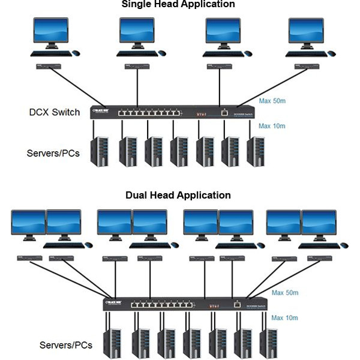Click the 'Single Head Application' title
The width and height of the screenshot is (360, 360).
click(x=178, y=4)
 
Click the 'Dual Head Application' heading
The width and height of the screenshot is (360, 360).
click(x=178, y=195)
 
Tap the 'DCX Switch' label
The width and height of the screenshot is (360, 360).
click(x=55, y=112)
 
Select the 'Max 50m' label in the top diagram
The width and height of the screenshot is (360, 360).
click(x=272, y=101)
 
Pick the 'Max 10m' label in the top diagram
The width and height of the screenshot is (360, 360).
click(x=272, y=126)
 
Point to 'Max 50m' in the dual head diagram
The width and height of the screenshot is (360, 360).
click(x=285, y=293)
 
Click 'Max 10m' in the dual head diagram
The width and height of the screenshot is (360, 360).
click(x=285, y=317)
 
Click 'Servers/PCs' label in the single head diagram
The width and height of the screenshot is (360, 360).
click(x=53, y=153)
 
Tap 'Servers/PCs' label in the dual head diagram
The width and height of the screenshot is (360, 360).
click(x=66, y=345)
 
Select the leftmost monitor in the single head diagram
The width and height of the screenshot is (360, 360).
click(x=50, y=31)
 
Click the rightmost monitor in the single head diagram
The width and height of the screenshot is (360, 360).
click(x=306, y=31)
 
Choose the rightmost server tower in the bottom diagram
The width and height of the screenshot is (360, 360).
click(x=269, y=343)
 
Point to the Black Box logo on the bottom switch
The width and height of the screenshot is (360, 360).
click(x=115, y=302)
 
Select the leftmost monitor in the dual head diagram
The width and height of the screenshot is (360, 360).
click(x=28, y=223)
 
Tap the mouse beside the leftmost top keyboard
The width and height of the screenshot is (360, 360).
click(x=76, y=53)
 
